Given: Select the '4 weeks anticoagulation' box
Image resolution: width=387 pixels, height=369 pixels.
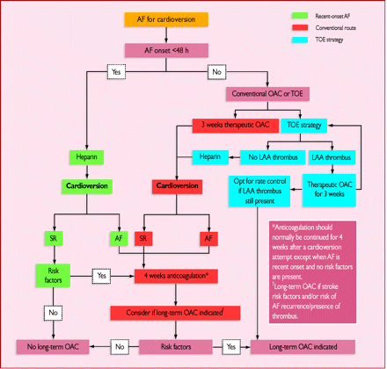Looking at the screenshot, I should pyautogui.click(x=177, y=274).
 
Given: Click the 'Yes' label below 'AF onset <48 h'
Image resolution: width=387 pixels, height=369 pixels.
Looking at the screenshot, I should pyautogui.click(x=114, y=71).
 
